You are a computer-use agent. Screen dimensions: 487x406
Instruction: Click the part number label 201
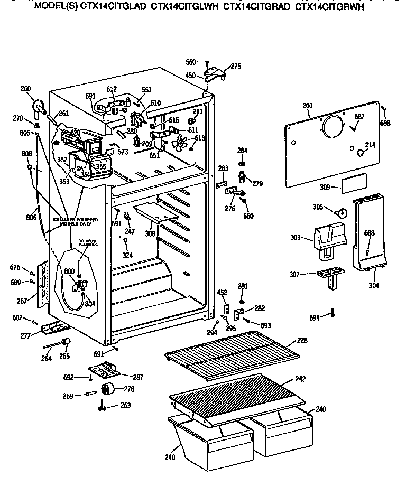pyautogui.click(x=308, y=106)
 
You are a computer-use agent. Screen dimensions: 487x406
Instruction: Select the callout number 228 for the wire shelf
pyautogui.click(x=302, y=341)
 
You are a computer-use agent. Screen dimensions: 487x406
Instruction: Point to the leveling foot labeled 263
pyautogui.click(x=100, y=406)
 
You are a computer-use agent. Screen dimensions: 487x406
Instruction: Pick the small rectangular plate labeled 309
pyautogui.click(x=351, y=186)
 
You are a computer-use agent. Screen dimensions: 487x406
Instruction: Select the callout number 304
pyautogui.click(x=374, y=286)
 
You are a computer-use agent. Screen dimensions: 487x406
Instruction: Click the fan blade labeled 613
pyautogui.click(x=181, y=142)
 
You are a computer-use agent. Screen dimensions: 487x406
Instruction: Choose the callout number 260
pyautogui.click(x=25, y=89)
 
